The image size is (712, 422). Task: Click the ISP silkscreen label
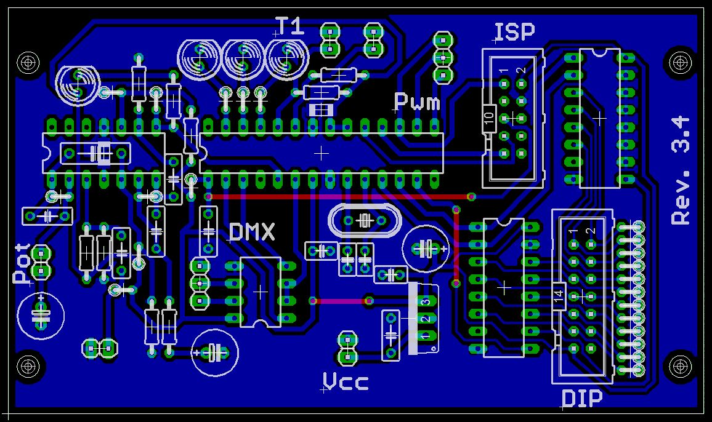(515, 31)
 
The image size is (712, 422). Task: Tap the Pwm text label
(417, 102)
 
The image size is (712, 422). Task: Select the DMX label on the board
(252, 233)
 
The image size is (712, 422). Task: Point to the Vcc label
(346, 383)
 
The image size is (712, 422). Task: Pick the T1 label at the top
(289, 26)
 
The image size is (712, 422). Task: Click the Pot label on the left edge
(23, 263)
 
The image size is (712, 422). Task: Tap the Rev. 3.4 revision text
(681, 171)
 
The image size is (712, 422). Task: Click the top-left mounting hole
(27, 62)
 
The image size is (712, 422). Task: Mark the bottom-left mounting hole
(27, 366)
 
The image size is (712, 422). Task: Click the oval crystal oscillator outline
(363, 220)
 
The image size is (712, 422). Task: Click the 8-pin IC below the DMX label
(261, 292)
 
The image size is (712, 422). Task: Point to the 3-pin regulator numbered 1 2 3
(424, 319)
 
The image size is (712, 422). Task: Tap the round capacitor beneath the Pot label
(41, 314)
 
